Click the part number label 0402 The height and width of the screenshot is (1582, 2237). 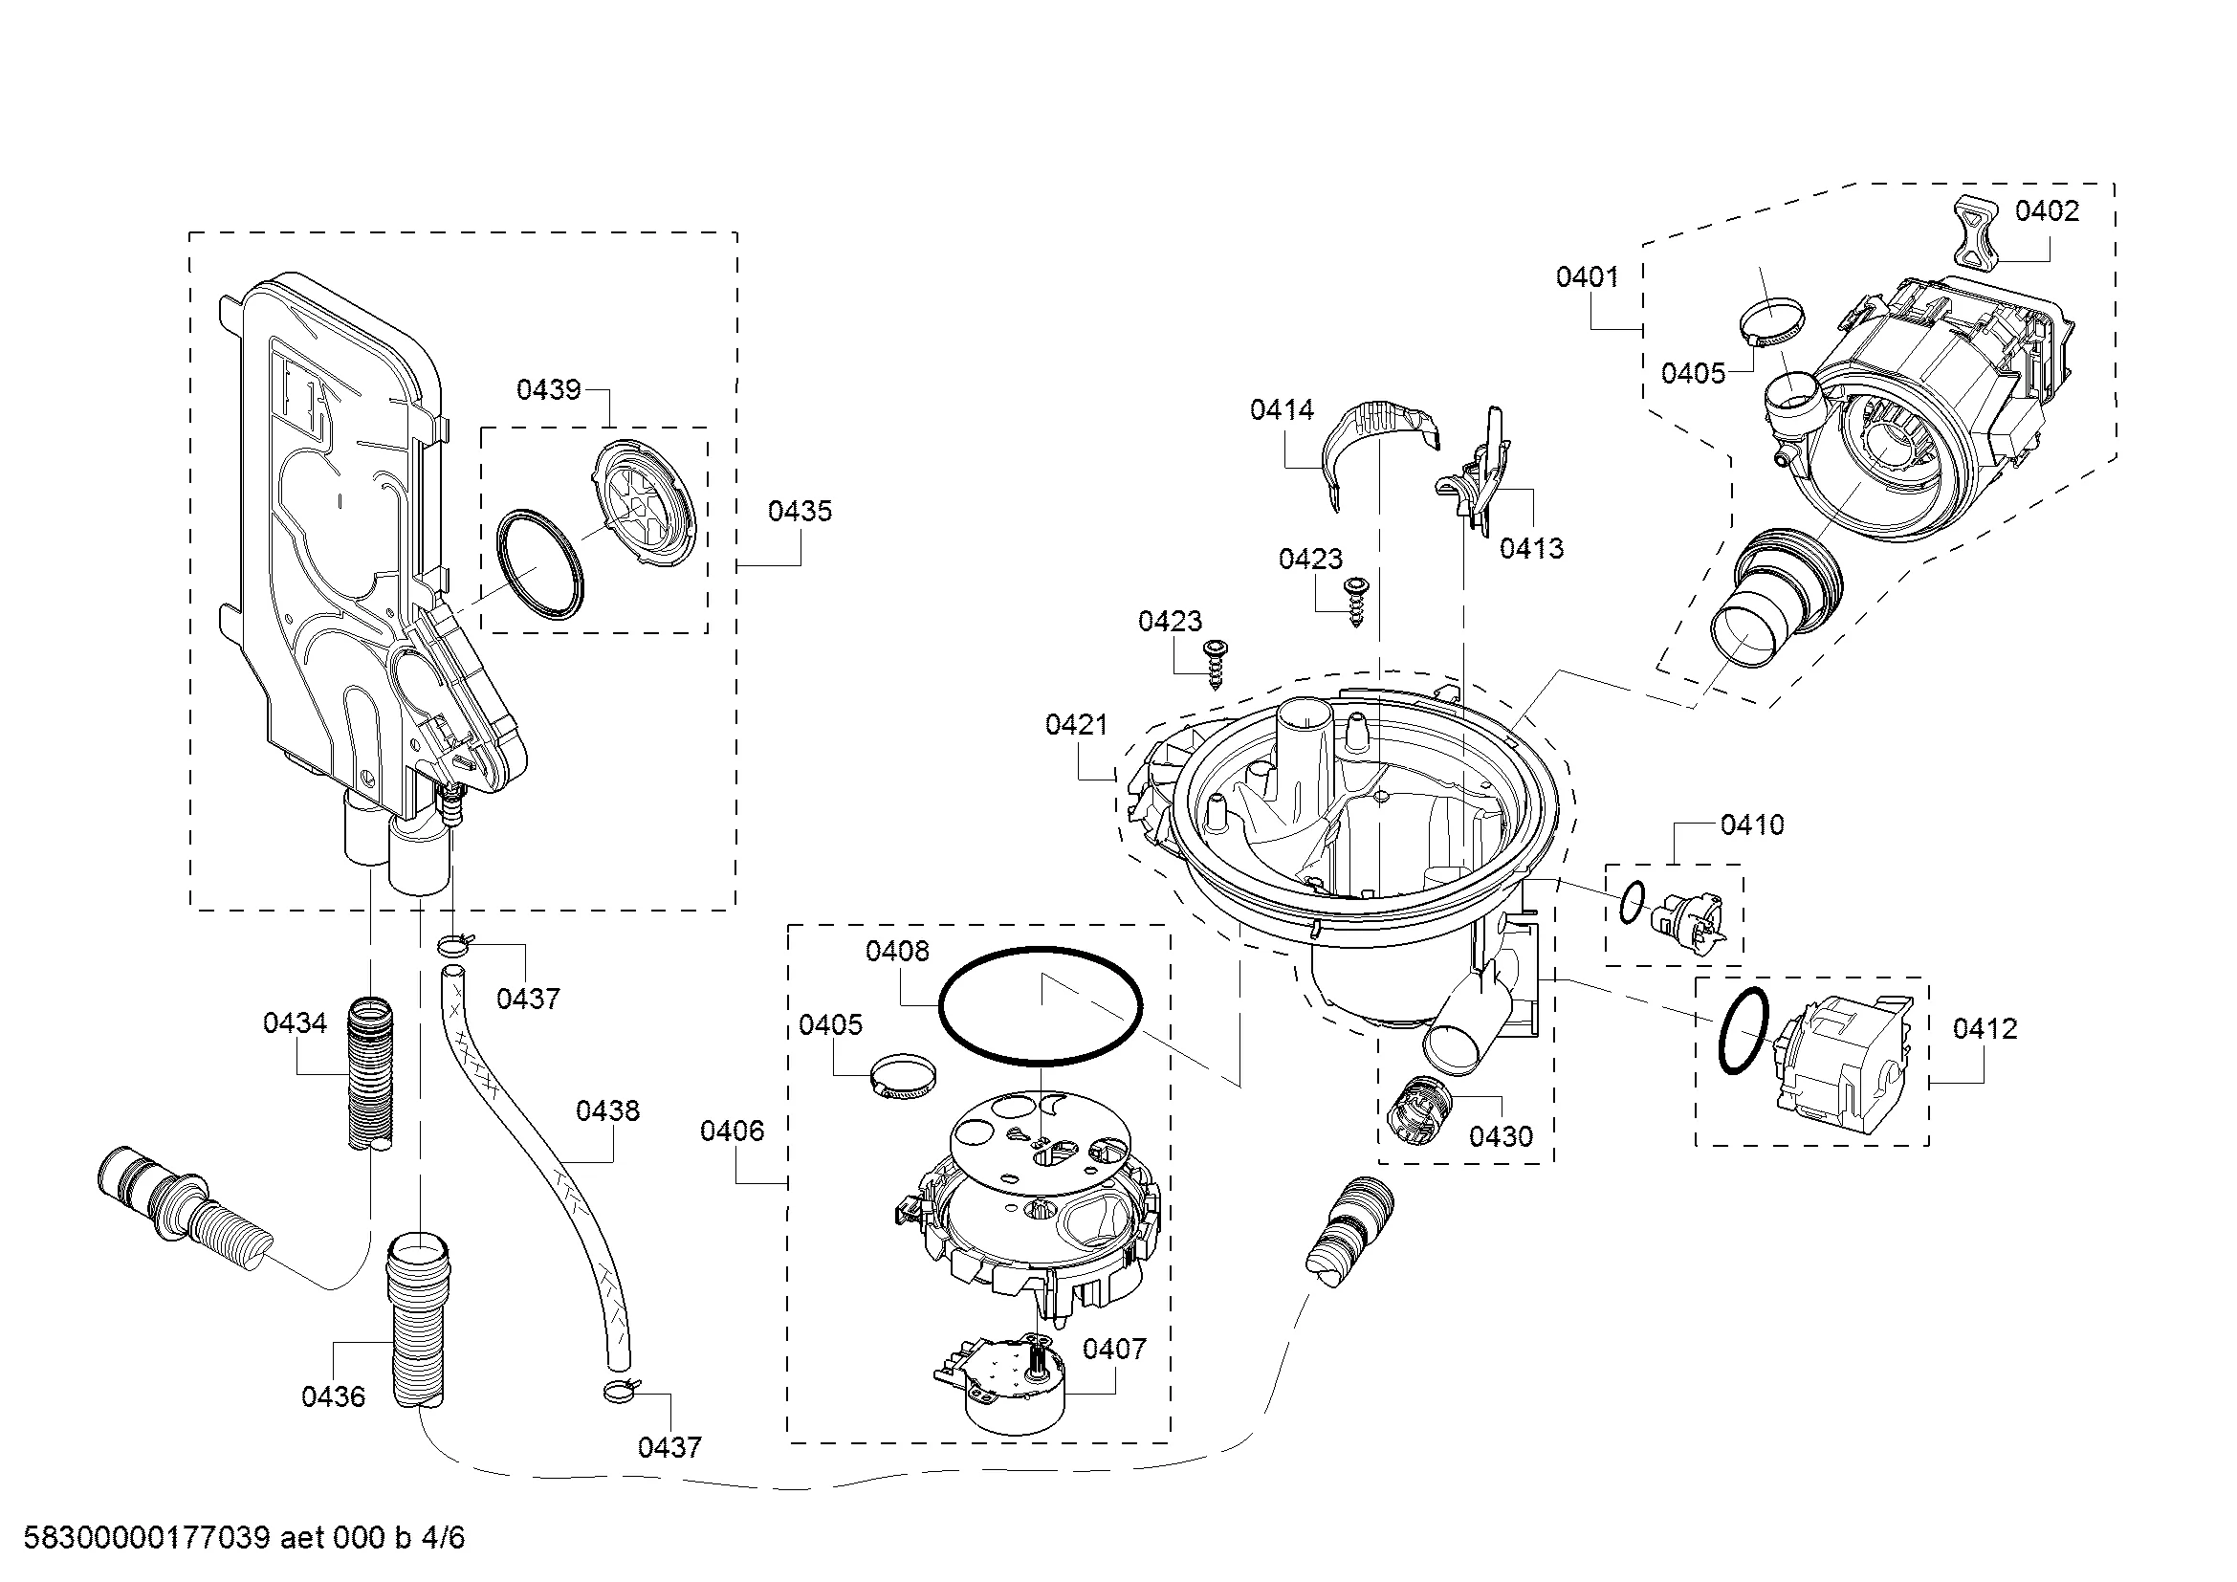tap(2047, 211)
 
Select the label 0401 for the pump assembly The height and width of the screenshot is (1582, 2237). tap(1588, 277)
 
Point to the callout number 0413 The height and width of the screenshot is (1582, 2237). tap(1530, 548)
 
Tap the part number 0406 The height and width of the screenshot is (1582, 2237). tap(732, 1131)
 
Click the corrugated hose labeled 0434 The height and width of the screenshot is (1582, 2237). tap(371, 1071)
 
